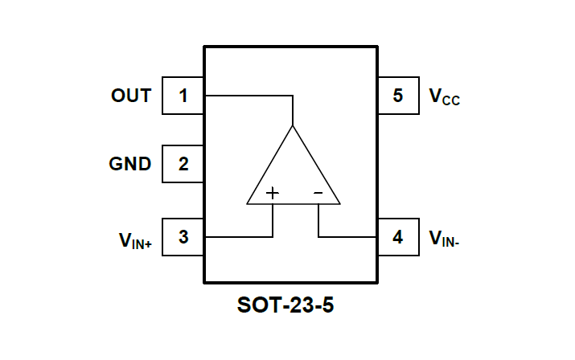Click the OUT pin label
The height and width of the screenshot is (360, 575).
coord(131,96)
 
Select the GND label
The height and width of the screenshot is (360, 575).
coord(130,164)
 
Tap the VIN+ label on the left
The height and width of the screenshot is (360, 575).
coord(135,239)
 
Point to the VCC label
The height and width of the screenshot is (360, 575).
coord(444,97)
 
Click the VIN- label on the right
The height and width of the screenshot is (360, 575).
coord(444,238)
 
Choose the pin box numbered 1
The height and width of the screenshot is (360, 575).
coord(183,96)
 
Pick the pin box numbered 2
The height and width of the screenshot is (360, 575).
coord(183,165)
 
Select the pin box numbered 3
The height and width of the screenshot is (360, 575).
coord(183,237)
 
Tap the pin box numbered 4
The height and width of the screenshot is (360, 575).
coord(398,237)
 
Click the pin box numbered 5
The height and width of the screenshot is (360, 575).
coord(398,96)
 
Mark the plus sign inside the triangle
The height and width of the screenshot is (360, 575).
coord(273,193)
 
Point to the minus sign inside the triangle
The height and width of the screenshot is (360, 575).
coord(318,193)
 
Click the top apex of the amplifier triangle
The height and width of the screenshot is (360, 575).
coord(293,127)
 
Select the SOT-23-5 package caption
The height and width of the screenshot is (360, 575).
coord(285,306)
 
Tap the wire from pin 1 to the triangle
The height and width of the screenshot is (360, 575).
coord(249,96)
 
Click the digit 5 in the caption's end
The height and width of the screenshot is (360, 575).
coord(326,306)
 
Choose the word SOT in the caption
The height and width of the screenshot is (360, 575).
coord(256,306)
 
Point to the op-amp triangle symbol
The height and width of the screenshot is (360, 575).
coord(293,173)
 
